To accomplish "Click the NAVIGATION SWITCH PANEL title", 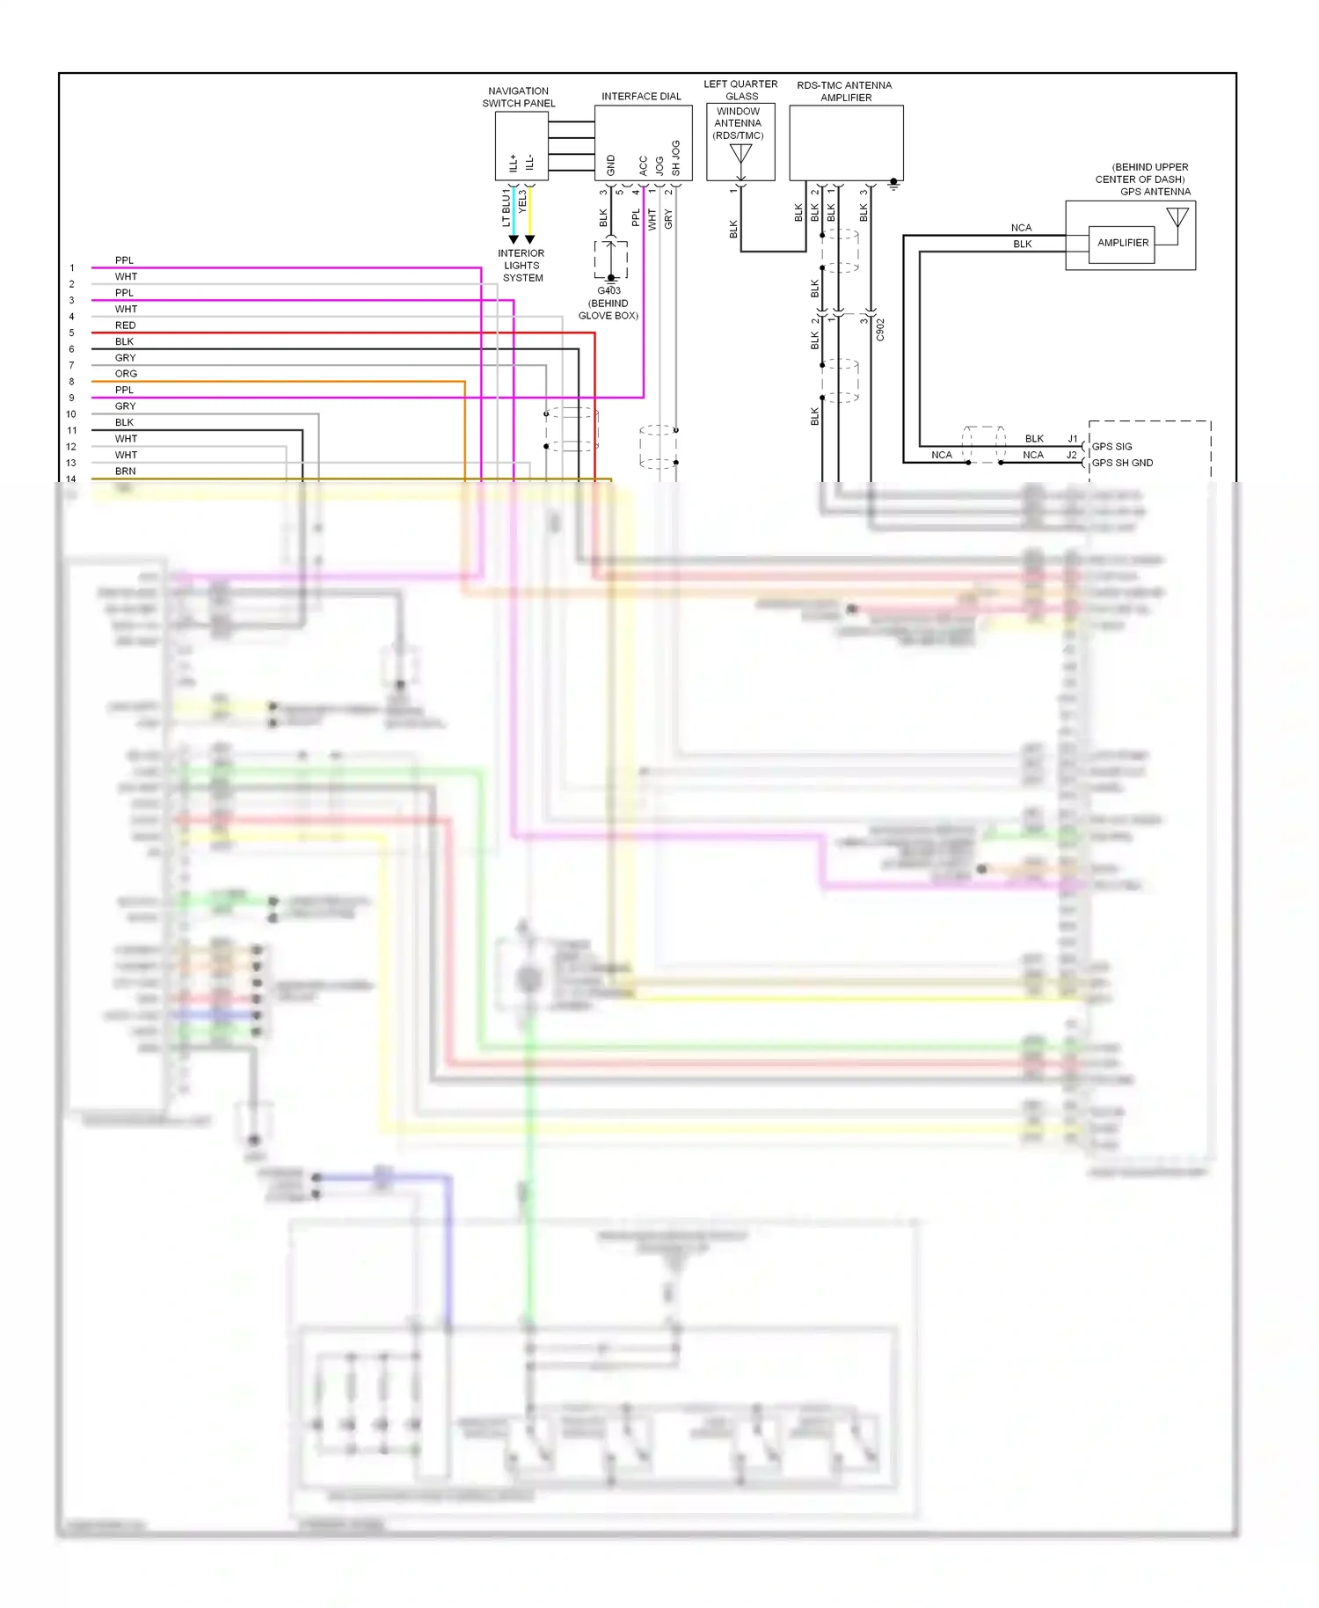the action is tap(519, 97).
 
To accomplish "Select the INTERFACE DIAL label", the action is tap(641, 96).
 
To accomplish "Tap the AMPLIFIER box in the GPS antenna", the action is tap(1123, 243).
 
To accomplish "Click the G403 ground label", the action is tap(608, 291).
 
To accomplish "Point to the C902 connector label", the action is tap(880, 330).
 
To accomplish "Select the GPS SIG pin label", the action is tap(1111, 446).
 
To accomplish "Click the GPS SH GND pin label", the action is tap(1122, 463).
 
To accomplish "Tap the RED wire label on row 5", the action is tap(125, 325).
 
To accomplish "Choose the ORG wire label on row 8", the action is tap(126, 374).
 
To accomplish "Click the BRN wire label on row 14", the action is tap(125, 471).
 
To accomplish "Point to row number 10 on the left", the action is tap(71, 414).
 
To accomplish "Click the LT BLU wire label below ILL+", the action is tap(506, 208).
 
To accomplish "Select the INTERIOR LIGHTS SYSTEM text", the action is tap(521, 266).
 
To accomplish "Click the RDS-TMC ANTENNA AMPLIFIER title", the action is tap(844, 91).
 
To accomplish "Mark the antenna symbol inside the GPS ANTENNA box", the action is tap(1177, 216).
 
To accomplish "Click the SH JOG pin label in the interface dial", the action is tap(675, 157).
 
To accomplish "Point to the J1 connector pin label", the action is tap(1072, 438).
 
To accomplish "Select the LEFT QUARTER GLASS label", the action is tap(740, 90).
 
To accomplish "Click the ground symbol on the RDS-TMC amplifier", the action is tap(893, 185).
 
